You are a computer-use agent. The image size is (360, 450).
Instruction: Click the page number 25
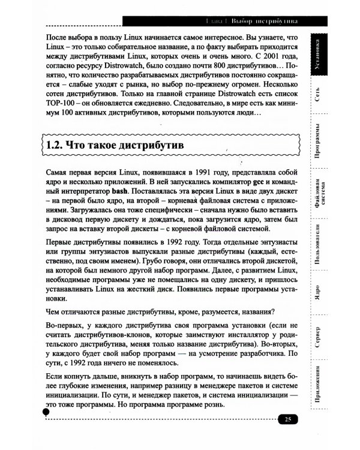(x=288, y=419)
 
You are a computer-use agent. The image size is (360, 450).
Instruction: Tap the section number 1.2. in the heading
(x=59, y=145)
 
